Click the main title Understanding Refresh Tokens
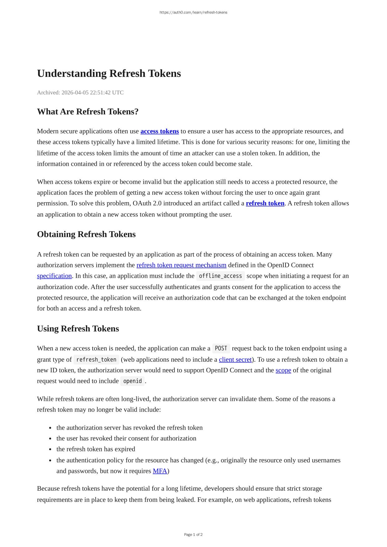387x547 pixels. [109, 74]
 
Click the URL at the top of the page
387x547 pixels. [193, 12]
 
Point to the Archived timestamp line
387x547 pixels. [80, 93]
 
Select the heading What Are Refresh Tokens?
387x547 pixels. [88, 112]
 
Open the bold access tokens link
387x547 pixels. [160, 131]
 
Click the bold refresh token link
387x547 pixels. [265, 203]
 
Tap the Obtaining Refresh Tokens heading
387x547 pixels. [86, 234]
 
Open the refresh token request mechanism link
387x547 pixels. [181, 265]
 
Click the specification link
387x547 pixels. [54, 276]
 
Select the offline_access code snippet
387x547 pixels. [220, 276]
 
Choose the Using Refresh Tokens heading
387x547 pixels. [78, 329]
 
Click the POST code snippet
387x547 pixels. [221, 348]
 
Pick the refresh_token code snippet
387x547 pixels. [96, 359]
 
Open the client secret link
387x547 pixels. [235, 359]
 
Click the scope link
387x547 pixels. [283, 370]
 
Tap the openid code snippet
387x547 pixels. [132, 381]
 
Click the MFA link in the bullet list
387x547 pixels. [160, 471]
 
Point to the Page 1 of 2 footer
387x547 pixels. [193, 535]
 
